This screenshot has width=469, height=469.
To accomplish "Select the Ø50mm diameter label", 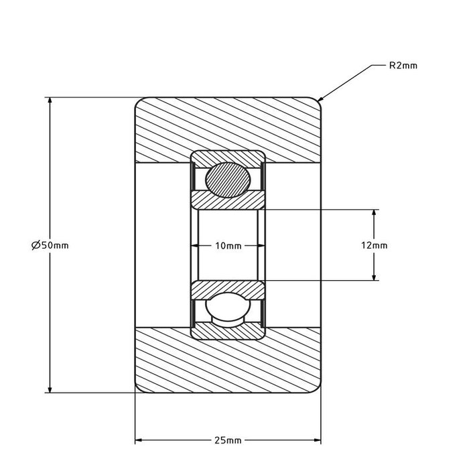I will pyautogui.click(x=50, y=245).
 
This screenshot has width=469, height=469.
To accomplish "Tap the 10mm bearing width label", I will pyautogui.click(x=228, y=246).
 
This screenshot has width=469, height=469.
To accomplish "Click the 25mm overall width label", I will pyautogui.click(x=228, y=440).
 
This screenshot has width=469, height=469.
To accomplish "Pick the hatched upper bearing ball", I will pyautogui.click(x=228, y=179).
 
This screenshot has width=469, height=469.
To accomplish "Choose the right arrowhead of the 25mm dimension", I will pyautogui.click(x=318, y=440).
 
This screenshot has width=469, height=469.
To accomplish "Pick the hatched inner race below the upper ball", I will pyautogui.click(x=228, y=200).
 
